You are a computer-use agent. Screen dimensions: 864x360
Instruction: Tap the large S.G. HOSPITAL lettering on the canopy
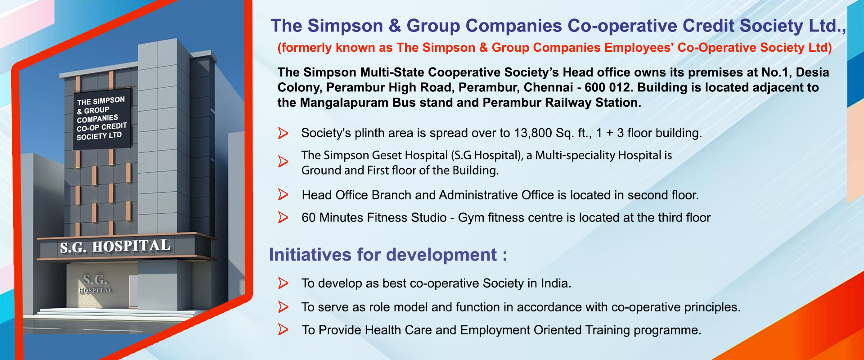point(115,246)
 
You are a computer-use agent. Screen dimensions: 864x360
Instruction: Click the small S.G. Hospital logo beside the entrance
point(96,283)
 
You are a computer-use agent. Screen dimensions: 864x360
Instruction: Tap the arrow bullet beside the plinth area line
point(283,133)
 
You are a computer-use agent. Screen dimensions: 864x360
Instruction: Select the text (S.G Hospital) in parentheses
point(487,155)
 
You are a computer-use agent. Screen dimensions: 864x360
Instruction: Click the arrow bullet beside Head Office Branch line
point(283,194)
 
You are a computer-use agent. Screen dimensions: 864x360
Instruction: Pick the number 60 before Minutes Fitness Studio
point(309,218)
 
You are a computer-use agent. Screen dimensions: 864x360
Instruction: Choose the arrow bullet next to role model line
point(283,307)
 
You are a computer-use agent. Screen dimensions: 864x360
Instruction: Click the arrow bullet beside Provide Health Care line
point(283,329)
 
